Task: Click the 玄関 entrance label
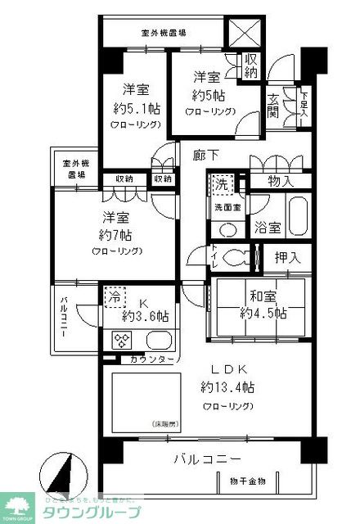[x=272, y=106]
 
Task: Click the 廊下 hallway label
[x=205, y=153]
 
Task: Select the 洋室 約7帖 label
[x=114, y=232]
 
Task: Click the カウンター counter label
[x=151, y=359]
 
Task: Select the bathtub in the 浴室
[x=290, y=215]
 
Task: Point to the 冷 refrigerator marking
[x=114, y=299]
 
